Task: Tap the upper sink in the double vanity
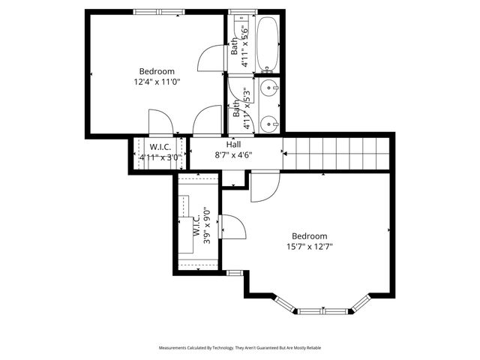click(269, 91)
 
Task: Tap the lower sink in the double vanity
click(269, 121)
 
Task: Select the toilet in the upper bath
click(241, 31)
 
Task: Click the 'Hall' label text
click(233, 144)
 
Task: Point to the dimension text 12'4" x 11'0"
click(157, 82)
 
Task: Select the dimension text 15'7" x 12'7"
click(310, 246)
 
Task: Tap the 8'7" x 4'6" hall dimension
click(233, 155)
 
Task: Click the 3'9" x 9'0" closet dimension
click(208, 226)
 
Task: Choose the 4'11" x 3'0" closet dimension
click(160, 157)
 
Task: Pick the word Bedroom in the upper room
click(157, 71)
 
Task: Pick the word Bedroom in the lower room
click(310, 235)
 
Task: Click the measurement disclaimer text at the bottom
click(240, 348)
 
